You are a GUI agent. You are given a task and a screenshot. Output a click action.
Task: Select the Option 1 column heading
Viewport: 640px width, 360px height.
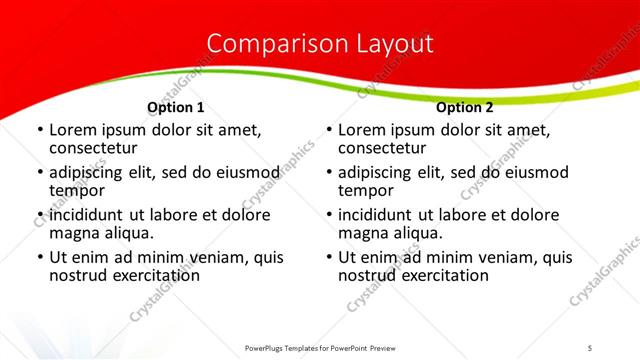[176, 107]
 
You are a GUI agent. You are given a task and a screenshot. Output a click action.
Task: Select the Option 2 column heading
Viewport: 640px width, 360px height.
[465, 107]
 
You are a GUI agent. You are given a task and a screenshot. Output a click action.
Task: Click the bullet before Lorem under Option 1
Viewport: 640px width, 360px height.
[39, 131]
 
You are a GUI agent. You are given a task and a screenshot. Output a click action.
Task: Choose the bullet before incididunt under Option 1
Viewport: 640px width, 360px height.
[39, 216]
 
